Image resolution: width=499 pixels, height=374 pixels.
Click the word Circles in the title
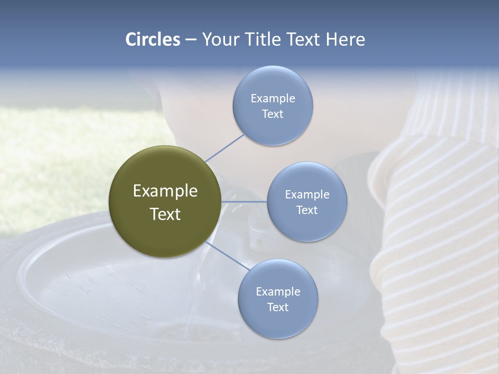[x=152, y=39]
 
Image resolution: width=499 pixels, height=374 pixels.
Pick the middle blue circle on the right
[x=307, y=223]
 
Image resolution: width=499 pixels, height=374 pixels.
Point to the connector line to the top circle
[x=225, y=148]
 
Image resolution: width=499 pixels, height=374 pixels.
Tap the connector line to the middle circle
[x=244, y=202]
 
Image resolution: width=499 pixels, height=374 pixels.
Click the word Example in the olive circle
[x=165, y=191]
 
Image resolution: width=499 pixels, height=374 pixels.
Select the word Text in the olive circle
[x=165, y=214]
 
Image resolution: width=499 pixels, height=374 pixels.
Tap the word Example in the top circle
[x=272, y=98]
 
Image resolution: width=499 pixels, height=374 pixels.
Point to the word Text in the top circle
[x=272, y=114]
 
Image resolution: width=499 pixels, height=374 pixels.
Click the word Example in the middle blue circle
[x=307, y=194]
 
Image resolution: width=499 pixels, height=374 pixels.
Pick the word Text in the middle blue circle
[x=307, y=210]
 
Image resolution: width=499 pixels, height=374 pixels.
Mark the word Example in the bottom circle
[x=278, y=291]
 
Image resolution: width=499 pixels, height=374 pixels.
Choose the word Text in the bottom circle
[x=278, y=307]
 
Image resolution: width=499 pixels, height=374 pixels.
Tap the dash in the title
[x=190, y=40]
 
